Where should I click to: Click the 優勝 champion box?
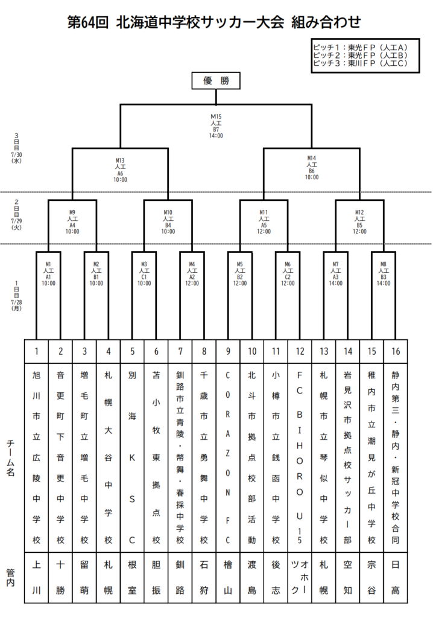216,81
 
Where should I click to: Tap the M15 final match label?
216,126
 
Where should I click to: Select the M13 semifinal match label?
120,170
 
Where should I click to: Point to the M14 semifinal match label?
312,168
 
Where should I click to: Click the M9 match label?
72,222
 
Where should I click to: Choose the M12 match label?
359,222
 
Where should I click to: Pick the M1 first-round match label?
48,274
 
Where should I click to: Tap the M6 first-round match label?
288,274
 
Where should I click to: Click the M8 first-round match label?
384,274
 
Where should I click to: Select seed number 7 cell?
180,351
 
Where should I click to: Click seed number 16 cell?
396,351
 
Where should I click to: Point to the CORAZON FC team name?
228,457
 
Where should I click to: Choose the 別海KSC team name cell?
133,457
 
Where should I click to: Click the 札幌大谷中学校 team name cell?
109,457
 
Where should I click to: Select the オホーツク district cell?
300,578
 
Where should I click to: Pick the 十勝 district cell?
60,578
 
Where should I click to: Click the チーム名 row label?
11,458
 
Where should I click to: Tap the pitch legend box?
365,56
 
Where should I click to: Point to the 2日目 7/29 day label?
16,215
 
